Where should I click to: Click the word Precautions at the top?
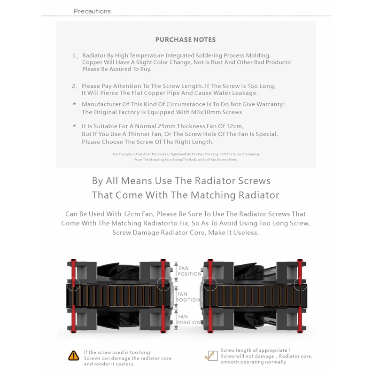pos(92,11)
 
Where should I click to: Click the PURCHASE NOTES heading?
pos(186,39)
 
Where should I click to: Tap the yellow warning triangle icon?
pos(74,356)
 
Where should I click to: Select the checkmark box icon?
pos(211,356)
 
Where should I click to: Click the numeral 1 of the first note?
pos(74,56)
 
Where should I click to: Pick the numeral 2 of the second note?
pos(74,86)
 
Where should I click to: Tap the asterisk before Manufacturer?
pos(75,104)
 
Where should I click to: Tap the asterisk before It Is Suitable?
pos(75,126)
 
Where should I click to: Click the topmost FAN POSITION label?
pos(190,271)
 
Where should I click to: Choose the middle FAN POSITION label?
pos(188,297)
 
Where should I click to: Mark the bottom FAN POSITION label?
pos(189,319)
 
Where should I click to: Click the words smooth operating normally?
pos(253,362)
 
